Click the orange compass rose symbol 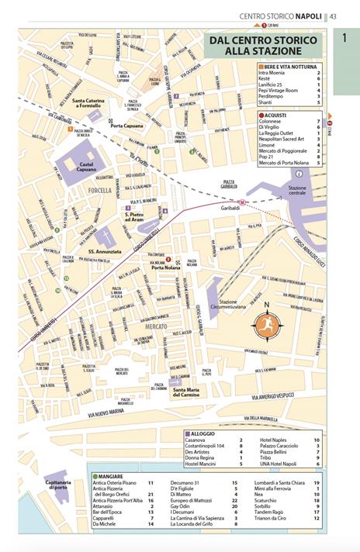pyautogui.click(x=266, y=326)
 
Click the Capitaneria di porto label pyautogui.click(x=57, y=485)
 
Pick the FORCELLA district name pyautogui.click(x=100, y=190)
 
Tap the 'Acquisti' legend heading pyautogui.click(x=275, y=114)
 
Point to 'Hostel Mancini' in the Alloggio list pyautogui.click(x=200, y=464)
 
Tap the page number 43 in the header pyautogui.click(x=333, y=16)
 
